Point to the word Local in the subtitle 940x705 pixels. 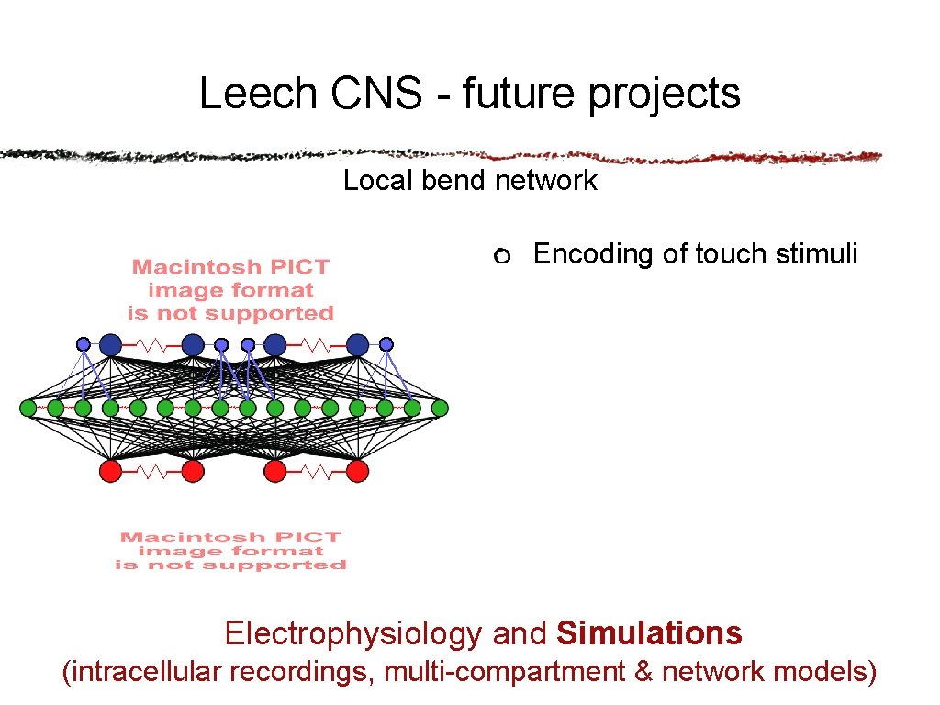point(379,181)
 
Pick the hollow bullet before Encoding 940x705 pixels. point(500,256)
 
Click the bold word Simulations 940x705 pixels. point(650,633)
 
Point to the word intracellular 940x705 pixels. point(147,672)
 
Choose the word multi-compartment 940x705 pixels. point(504,672)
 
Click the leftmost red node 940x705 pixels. point(110,471)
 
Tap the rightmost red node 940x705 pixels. point(358,471)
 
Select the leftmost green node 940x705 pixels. point(28,408)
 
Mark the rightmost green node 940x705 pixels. point(440,408)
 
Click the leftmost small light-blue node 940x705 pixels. point(84,344)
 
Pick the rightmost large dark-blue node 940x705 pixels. point(358,344)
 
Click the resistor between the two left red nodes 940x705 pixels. point(151,471)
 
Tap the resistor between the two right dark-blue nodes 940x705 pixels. point(317,345)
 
